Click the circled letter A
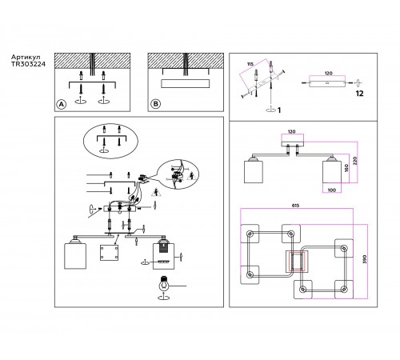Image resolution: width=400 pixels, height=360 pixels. point(62,104)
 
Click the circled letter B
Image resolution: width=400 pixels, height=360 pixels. point(155,104)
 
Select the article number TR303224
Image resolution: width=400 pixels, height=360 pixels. point(28,64)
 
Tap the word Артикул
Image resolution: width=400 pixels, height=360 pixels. point(26,57)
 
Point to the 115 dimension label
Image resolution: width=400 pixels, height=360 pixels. point(250,64)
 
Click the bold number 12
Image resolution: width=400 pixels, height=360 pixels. point(359,94)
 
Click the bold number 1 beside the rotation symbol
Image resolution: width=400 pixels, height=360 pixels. point(279,110)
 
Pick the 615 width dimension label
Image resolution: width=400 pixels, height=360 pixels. point(295,206)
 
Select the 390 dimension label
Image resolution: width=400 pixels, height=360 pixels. point(365,259)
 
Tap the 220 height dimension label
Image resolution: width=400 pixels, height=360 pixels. point(354,161)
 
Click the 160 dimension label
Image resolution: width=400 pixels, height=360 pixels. point(346,168)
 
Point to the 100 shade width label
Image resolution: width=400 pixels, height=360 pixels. point(331,190)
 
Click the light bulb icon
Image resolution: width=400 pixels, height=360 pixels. point(164,284)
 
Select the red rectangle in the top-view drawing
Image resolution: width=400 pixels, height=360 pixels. point(298,262)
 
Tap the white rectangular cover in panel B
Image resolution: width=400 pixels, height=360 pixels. point(185,83)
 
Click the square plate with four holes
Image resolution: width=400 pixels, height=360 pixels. point(109,253)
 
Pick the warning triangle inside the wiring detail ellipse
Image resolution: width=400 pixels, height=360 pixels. point(191,176)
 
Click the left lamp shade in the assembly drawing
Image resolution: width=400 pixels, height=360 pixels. point(75,254)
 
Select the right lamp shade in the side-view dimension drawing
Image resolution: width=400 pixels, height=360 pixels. point(332,170)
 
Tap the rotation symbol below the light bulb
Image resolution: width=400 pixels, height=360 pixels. point(163,297)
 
